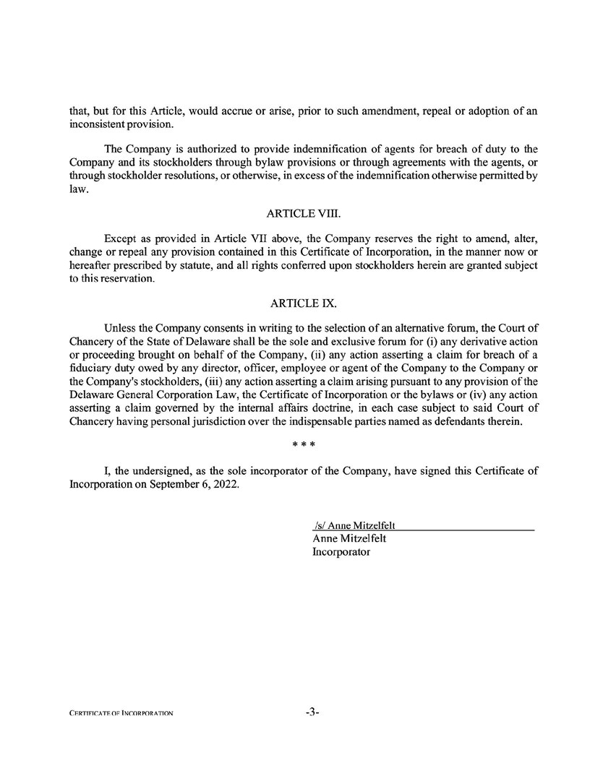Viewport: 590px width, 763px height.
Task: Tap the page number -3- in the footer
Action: (312, 712)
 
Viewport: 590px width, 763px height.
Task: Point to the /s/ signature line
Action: (358, 525)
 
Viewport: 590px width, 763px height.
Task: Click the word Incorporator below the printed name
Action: (341, 551)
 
